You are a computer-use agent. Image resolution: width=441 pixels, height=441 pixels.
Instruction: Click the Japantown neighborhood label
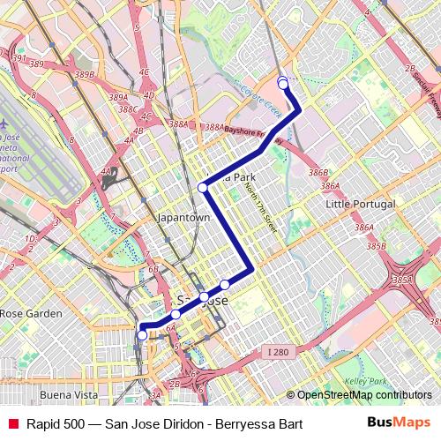pyautogui.click(x=183, y=217)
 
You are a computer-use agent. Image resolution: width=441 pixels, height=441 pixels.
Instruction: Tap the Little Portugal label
pyautogui.click(x=360, y=204)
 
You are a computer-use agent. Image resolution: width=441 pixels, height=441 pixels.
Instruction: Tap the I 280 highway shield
pyautogui.click(x=278, y=352)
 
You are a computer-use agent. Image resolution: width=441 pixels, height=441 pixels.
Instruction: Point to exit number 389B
pyautogui.click(x=84, y=75)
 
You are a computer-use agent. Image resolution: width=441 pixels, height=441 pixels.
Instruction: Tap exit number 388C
pyautogui.click(x=128, y=109)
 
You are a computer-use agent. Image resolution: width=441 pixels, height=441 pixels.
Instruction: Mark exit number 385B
pyautogui.click(x=376, y=246)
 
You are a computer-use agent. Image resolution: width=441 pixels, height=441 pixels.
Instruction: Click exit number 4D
pyautogui.click(x=148, y=94)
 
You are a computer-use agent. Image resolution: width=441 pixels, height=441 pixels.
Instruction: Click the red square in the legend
pyautogui.click(x=13, y=424)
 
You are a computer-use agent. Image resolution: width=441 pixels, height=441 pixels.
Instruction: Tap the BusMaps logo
pyautogui.click(x=400, y=423)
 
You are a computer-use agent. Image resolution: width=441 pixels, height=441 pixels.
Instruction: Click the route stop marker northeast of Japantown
pyautogui.click(x=203, y=187)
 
